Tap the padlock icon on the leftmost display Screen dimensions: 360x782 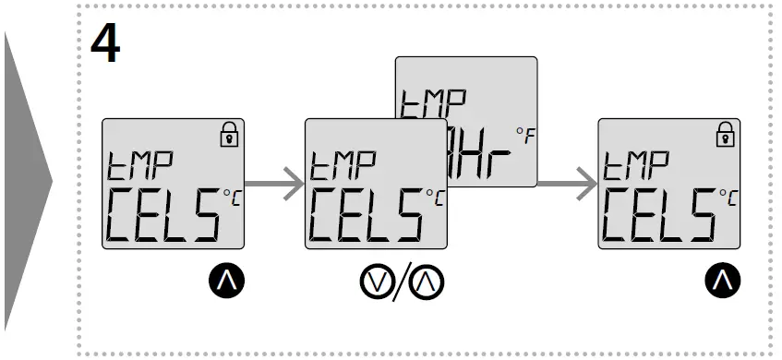tap(227, 137)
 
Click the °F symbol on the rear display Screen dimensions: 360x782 tap(524, 138)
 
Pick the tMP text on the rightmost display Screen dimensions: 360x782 tap(637, 166)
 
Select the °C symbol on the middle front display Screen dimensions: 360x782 tap(433, 195)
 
